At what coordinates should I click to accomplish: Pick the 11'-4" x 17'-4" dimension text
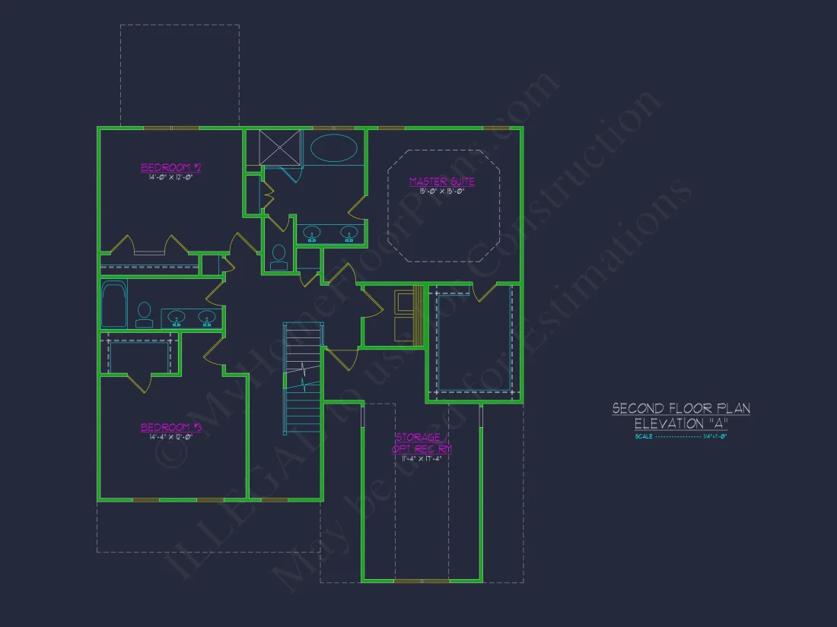tap(422, 458)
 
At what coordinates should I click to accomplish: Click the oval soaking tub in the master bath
tap(333, 147)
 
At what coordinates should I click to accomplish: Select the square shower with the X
tap(280, 147)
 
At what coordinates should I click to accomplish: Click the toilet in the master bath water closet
tap(278, 257)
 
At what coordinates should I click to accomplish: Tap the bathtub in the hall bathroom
tap(114, 305)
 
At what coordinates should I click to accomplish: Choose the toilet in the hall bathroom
tap(144, 313)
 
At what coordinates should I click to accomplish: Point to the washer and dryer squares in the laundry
tap(403, 316)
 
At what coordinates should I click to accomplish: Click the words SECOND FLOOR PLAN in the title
tap(681, 409)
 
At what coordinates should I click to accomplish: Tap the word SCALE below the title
tap(643, 437)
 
